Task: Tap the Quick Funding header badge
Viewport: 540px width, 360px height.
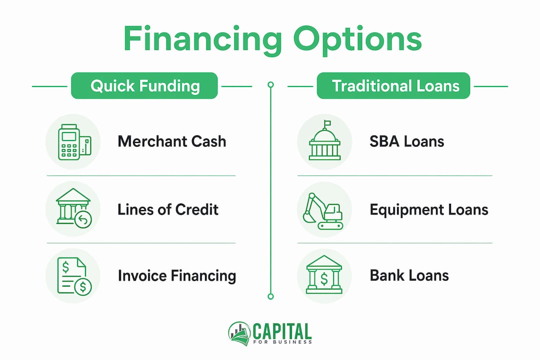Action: [144, 86]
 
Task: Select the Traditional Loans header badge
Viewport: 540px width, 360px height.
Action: [393, 86]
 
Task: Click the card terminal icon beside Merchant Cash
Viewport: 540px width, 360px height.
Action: [74, 142]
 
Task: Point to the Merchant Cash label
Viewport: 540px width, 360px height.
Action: [172, 141]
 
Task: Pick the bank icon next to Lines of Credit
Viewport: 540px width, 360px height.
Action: [73, 208]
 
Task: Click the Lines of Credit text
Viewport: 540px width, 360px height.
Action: [168, 209]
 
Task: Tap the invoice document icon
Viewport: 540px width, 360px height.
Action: [74, 276]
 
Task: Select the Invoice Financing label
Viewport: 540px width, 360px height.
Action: [176, 276]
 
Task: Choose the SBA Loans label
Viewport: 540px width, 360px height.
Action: [406, 141]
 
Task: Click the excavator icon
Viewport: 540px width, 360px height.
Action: [322, 211]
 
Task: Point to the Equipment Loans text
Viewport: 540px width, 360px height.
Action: [429, 209]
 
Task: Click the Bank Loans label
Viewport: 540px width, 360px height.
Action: [409, 275]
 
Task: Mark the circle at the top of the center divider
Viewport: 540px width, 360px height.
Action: [270, 84]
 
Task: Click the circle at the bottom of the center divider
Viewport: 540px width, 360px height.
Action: [270, 296]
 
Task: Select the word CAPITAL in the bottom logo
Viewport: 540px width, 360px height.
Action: [282, 331]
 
